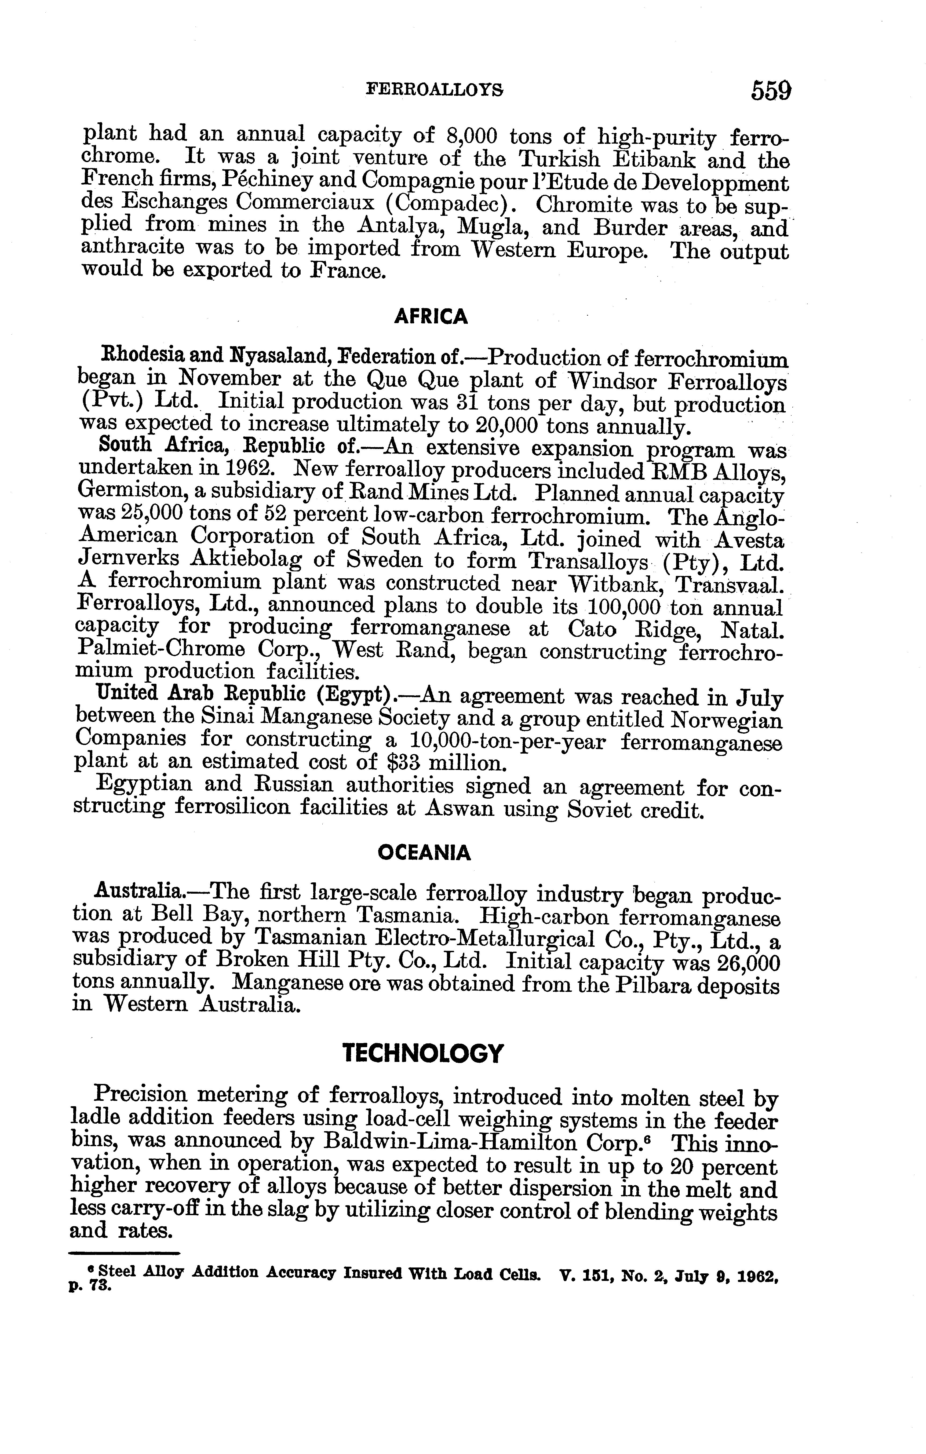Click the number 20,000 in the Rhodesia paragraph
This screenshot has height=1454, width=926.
click(x=509, y=426)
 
